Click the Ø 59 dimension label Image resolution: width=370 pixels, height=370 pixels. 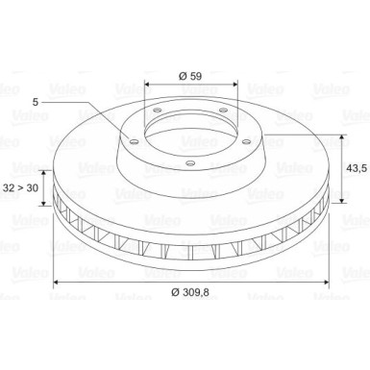(190, 76)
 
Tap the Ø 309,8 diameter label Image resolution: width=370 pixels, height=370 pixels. (190, 292)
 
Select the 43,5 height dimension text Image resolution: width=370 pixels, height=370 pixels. (357, 168)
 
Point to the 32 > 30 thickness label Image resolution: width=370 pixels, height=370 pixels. (20, 187)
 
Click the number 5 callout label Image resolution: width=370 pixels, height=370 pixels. (36, 102)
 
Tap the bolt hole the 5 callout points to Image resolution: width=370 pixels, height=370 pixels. (134, 141)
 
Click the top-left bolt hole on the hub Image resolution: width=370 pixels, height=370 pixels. (157, 111)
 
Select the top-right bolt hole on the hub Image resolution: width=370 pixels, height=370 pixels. (223, 111)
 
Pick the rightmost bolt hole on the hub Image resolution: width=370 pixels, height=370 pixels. (246, 141)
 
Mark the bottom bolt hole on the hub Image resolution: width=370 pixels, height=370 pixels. (190, 163)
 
